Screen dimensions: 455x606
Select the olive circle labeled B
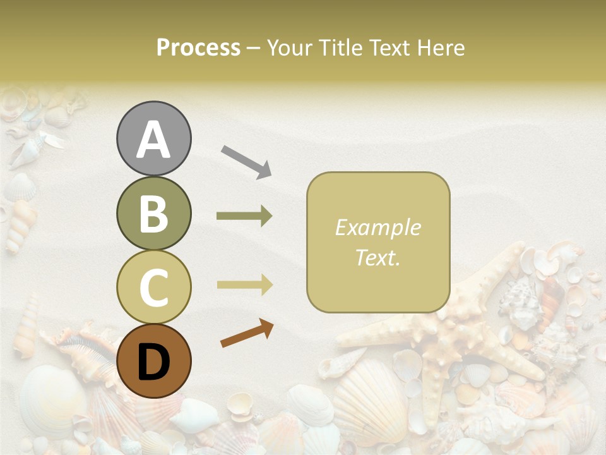153,214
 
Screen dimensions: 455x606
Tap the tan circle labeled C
153,287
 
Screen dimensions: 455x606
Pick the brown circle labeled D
153,361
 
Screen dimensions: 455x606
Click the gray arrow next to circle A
246,161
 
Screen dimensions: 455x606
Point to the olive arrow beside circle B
244,216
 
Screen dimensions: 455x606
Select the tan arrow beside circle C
244,285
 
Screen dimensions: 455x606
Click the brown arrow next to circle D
247,333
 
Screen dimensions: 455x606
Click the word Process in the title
198,47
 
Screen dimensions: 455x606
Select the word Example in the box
377,227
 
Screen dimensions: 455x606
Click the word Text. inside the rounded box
377,257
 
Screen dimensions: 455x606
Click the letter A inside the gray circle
153,140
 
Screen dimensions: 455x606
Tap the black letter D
153,362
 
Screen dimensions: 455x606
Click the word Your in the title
290,47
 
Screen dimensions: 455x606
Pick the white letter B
153,214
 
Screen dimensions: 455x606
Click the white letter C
153,288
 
